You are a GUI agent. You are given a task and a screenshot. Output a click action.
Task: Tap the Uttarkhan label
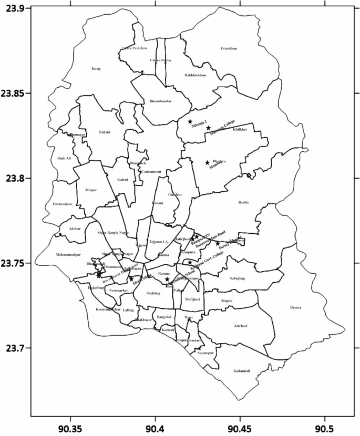coord(229,49)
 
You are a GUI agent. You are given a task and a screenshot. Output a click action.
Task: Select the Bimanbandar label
coord(161,101)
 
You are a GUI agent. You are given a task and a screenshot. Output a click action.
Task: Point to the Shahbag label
coord(152,294)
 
